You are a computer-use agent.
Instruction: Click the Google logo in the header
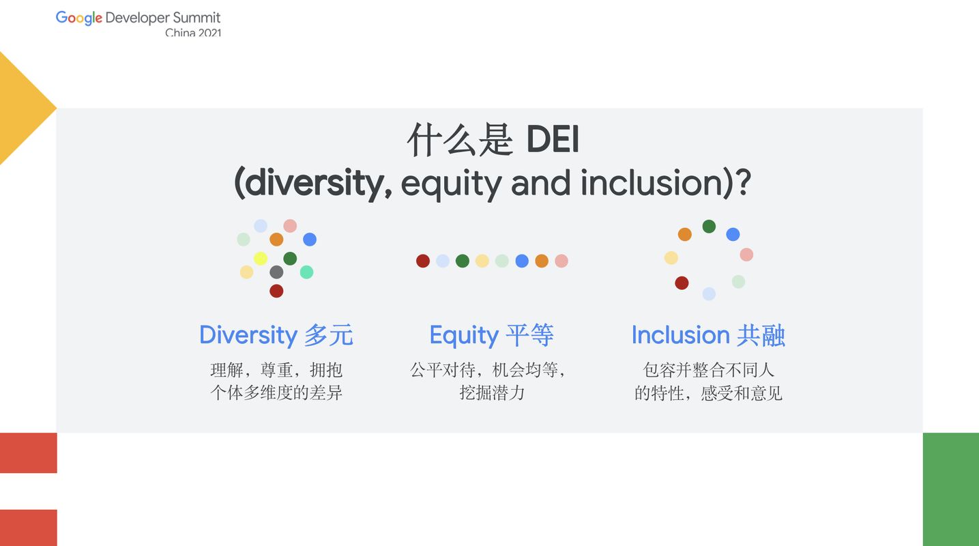click(x=79, y=18)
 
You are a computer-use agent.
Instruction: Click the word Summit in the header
click(x=196, y=18)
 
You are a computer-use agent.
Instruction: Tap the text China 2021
click(x=193, y=33)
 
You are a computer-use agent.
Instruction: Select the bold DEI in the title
click(x=553, y=139)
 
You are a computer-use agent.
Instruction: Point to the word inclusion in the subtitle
click(x=652, y=182)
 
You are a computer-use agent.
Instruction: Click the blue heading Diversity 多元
click(x=276, y=335)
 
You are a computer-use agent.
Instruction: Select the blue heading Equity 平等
click(x=492, y=335)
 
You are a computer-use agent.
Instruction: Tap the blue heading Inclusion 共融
click(x=708, y=335)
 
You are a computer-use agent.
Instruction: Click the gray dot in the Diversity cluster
click(x=276, y=272)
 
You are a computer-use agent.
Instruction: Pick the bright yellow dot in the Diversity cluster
click(x=260, y=259)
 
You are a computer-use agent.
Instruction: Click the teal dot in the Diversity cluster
click(x=306, y=272)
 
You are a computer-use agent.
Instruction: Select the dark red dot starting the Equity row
click(x=422, y=261)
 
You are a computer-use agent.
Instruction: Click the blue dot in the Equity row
click(x=522, y=261)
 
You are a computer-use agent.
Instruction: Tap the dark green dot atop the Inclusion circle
click(x=709, y=227)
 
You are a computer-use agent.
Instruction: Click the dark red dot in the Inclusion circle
click(x=682, y=283)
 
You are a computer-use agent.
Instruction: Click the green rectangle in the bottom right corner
click(x=951, y=489)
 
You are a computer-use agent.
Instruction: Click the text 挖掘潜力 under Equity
click(x=492, y=392)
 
